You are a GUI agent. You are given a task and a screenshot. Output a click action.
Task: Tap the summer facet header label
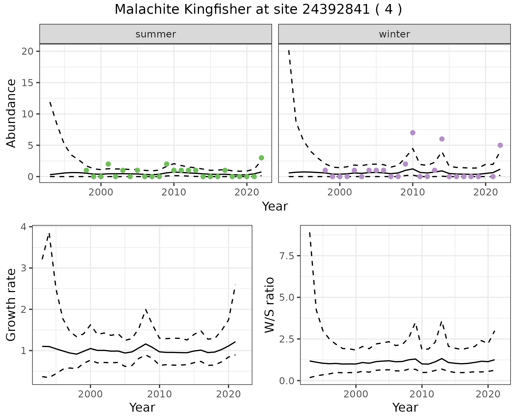point(156,34)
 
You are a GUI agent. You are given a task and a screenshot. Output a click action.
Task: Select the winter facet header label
point(394,34)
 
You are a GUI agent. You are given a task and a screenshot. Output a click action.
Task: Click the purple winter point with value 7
point(413,133)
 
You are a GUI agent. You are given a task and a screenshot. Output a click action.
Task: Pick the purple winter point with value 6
point(442,139)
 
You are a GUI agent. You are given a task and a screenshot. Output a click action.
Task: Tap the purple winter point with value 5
point(500,145)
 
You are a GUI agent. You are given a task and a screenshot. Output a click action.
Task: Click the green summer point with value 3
point(261,158)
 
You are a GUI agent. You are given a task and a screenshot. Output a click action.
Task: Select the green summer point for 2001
point(108,164)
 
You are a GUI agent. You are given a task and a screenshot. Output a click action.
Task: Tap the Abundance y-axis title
point(11,113)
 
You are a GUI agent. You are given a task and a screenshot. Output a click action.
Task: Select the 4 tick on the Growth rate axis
point(24,227)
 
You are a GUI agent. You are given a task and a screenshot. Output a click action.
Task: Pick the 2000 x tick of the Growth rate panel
point(90,395)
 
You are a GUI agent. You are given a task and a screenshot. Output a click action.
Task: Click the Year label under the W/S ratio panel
point(405,408)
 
